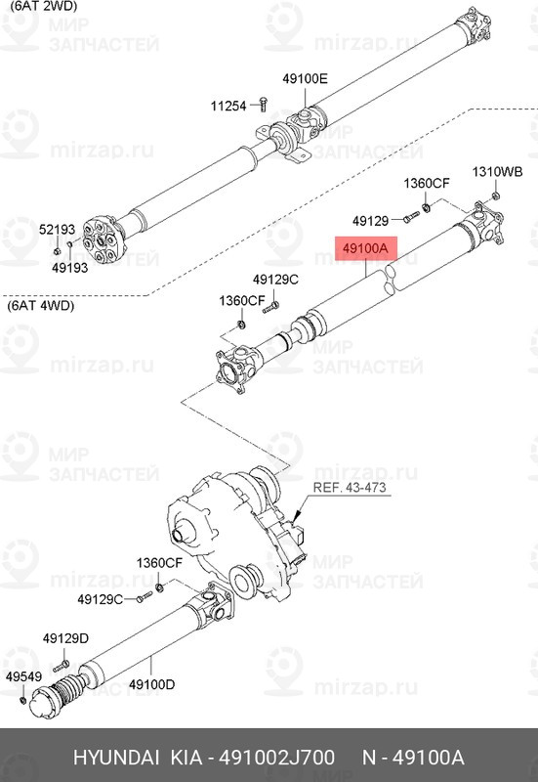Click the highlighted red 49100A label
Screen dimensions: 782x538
point(364,249)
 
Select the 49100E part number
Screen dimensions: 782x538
point(306,79)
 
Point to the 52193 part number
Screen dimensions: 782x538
point(57,230)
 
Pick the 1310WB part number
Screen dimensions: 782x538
point(498,171)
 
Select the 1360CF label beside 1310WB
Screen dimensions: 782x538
point(427,184)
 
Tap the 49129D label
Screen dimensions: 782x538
point(65,638)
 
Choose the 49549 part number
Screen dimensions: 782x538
point(22,675)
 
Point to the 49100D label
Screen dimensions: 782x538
point(151,684)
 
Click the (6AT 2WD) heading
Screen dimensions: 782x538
point(42,6)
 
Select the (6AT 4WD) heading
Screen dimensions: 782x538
point(42,306)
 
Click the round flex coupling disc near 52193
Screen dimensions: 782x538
point(101,235)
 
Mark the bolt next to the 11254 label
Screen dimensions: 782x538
point(263,104)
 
